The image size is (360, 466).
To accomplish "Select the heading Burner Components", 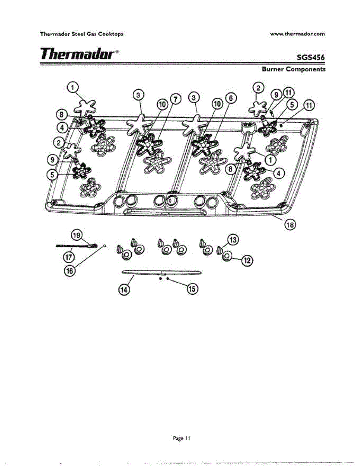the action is [x=294, y=70].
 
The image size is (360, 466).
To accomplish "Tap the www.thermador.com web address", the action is [x=297, y=34].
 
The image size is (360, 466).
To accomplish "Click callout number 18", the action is [x=290, y=224].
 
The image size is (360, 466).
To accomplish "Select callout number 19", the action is [x=77, y=235].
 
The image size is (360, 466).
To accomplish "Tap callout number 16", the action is [x=70, y=271].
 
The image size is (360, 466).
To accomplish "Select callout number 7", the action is [x=175, y=100].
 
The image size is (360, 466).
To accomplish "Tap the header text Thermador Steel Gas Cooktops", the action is [x=82, y=34].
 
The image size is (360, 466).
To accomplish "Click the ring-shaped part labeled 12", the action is [x=227, y=256].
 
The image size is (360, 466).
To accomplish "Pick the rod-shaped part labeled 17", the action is [x=74, y=246].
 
